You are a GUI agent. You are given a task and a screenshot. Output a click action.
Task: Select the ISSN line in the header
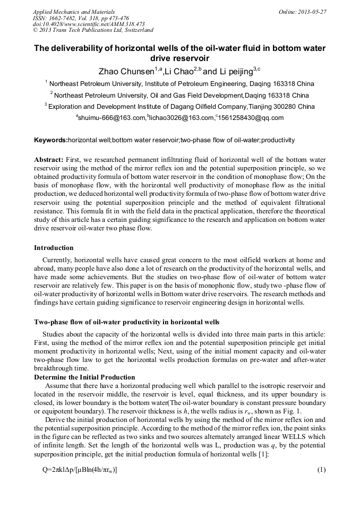click(x=81, y=18)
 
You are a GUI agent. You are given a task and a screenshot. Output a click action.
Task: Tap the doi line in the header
click(x=89, y=24)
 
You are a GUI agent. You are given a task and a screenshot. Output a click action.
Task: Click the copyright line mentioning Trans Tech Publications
click(x=93, y=30)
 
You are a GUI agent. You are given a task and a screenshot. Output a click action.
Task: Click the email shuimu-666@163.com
click(x=112, y=118)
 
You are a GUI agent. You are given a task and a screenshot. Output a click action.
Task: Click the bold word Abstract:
click(x=49, y=159)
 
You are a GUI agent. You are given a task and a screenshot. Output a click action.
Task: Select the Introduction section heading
click(x=54, y=248)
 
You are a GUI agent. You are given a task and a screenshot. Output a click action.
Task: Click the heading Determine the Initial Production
click(x=84, y=377)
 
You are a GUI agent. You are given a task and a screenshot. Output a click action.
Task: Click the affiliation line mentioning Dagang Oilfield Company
click(x=179, y=107)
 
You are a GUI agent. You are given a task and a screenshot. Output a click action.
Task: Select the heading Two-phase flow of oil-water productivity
click(x=126, y=322)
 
